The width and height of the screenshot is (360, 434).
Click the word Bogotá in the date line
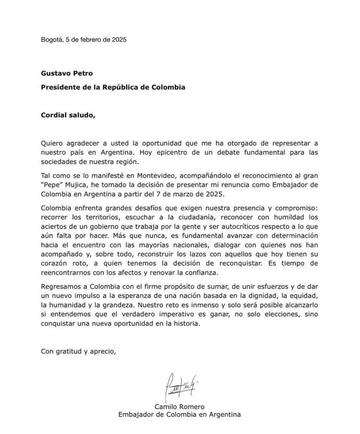51,40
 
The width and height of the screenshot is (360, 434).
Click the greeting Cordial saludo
68,115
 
